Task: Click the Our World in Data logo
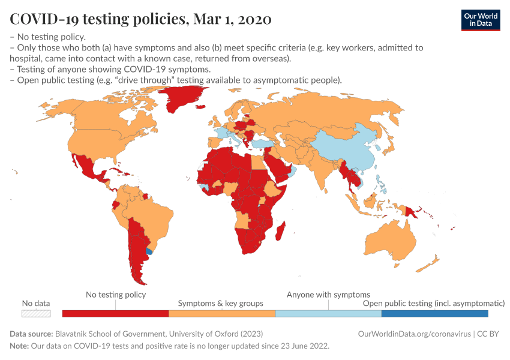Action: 480,19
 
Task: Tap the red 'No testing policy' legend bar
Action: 115,313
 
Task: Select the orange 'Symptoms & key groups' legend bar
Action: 221,313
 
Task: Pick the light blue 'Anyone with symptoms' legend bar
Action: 328,313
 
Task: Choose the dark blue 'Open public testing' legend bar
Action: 434,313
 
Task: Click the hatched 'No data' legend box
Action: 36,313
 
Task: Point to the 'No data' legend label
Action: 36,304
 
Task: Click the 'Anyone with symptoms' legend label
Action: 328,295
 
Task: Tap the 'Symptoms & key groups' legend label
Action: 220,304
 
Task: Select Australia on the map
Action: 390,240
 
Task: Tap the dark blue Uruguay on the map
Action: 149,252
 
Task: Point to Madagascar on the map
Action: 278,229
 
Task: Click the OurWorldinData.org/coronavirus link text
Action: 413,334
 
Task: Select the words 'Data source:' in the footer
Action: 31,334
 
